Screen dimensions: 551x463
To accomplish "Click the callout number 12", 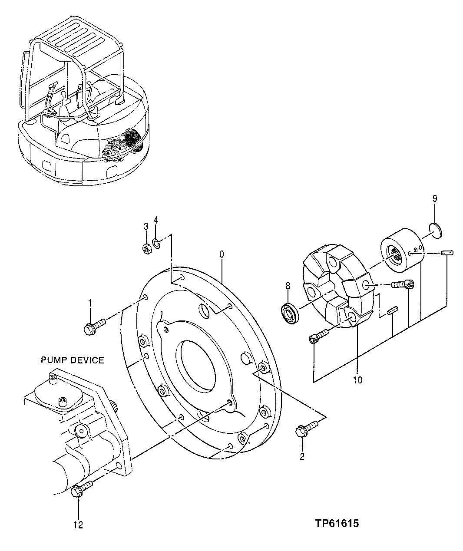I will coord(78,525).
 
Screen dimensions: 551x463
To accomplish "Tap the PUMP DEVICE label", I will coord(73,360).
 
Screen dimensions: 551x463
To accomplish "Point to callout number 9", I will coord(434,199).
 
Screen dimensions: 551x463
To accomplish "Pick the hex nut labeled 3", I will coord(146,248).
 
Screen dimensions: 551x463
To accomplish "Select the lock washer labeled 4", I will coord(157,242).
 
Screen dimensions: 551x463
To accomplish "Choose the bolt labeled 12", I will coord(80,489).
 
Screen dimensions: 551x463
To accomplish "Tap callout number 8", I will coord(287,286).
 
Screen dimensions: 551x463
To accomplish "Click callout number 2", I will coord(302,456).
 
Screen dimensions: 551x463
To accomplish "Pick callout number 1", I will coord(90,303).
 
